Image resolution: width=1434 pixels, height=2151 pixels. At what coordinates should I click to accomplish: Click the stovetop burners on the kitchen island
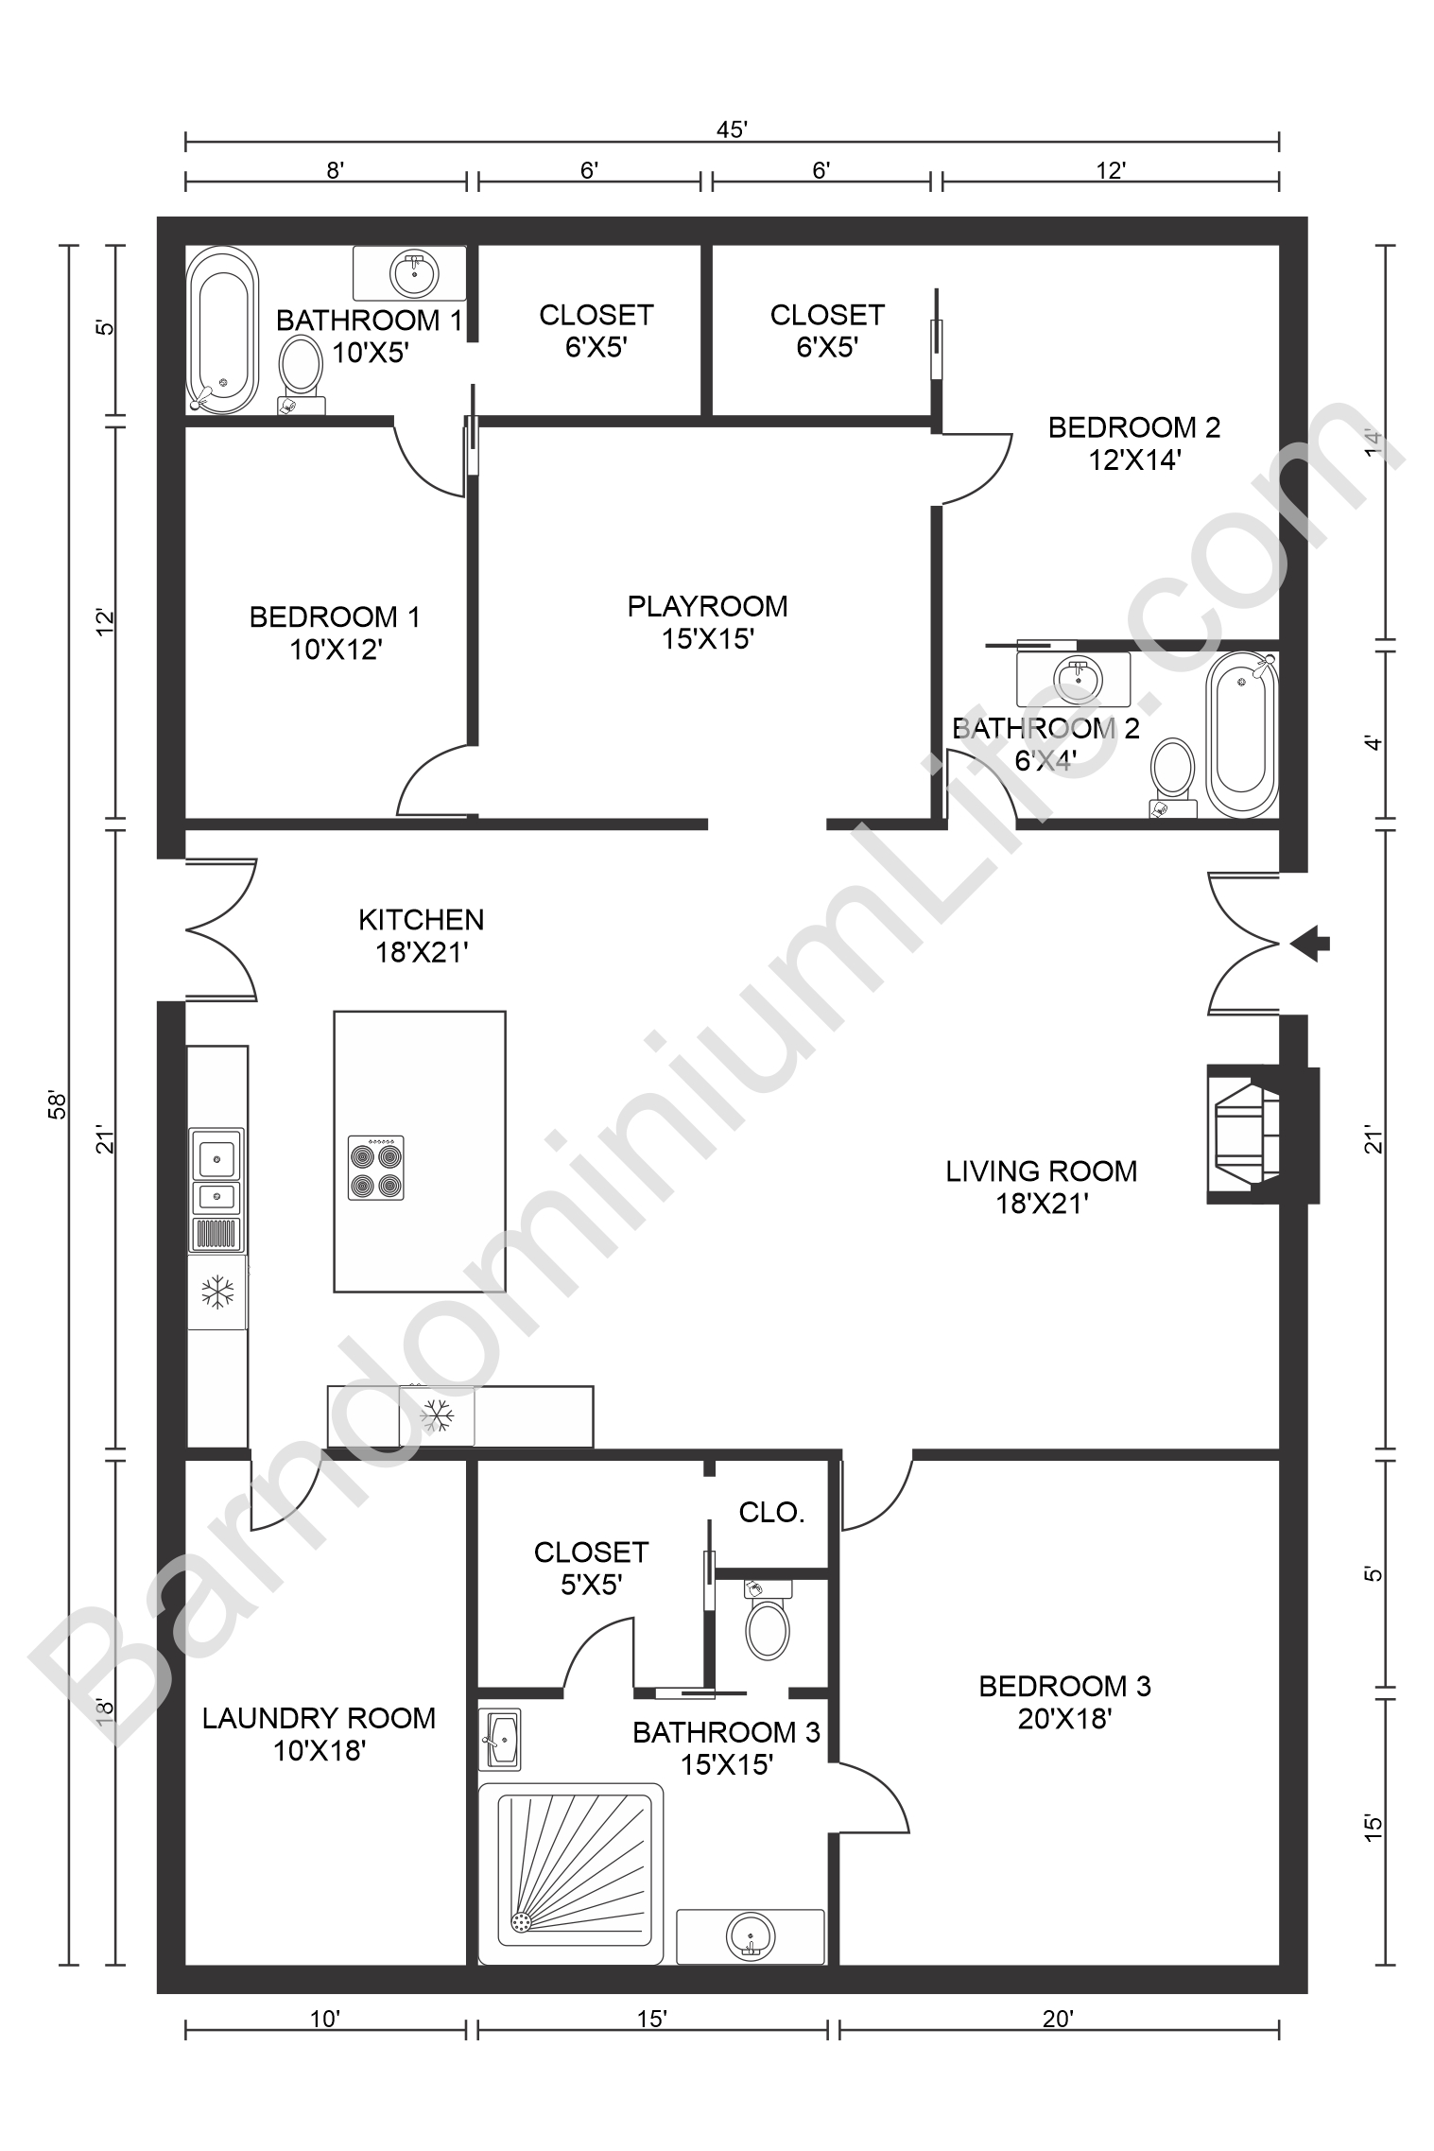coord(375,1168)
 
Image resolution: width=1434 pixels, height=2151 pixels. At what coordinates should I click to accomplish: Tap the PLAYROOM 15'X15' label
coord(707,622)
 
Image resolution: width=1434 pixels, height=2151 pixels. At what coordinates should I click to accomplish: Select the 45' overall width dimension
coord(732,130)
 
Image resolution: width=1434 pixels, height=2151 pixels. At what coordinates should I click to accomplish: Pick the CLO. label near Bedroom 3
coord(771,1513)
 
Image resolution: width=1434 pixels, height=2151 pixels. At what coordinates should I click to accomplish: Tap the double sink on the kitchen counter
coord(216,1173)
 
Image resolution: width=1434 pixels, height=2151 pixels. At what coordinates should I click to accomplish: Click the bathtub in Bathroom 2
coord(1241,734)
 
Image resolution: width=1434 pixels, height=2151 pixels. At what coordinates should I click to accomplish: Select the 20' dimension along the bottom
coord(1058,2020)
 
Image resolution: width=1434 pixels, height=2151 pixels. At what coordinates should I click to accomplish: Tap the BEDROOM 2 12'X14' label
coord(1134,443)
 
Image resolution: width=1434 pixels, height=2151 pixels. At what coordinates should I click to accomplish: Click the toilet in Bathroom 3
coord(768,1625)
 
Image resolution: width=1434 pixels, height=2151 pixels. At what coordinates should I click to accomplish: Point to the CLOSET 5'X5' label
coord(591,1568)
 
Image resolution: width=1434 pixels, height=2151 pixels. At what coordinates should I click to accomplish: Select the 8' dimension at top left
coord(335,170)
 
